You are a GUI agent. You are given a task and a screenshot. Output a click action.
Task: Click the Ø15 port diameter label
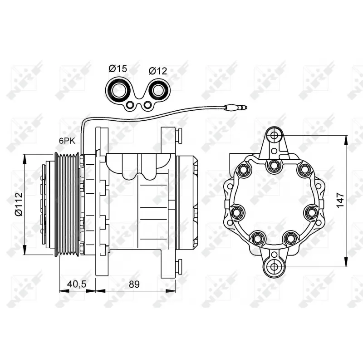tap(118, 69)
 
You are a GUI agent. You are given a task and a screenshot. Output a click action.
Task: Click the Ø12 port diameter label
tap(158, 71)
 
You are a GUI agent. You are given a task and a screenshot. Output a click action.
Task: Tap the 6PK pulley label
tap(66, 141)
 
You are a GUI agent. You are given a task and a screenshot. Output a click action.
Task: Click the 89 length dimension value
tap(133, 284)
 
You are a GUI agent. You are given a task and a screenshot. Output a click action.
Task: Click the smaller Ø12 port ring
tap(158, 91)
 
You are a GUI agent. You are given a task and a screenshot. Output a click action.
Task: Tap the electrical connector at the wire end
tap(239, 108)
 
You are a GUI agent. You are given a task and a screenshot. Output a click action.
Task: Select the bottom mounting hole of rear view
tap(274, 266)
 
